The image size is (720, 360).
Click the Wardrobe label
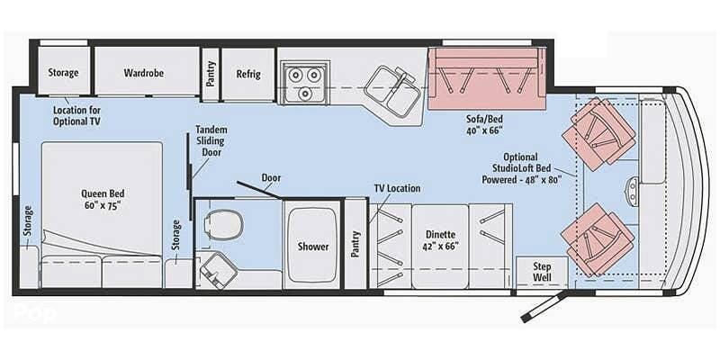click(x=143, y=73)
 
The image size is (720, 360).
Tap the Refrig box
click(x=247, y=73)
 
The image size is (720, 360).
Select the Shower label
click(x=313, y=247)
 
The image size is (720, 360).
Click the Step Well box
click(x=542, y=272)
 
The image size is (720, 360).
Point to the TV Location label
click(x=397, y=188)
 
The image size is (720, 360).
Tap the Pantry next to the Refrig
click(x=211, y=73)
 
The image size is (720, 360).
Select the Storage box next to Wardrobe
click(x=63, y=73)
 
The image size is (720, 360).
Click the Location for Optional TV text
click(x=76, y=114)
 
